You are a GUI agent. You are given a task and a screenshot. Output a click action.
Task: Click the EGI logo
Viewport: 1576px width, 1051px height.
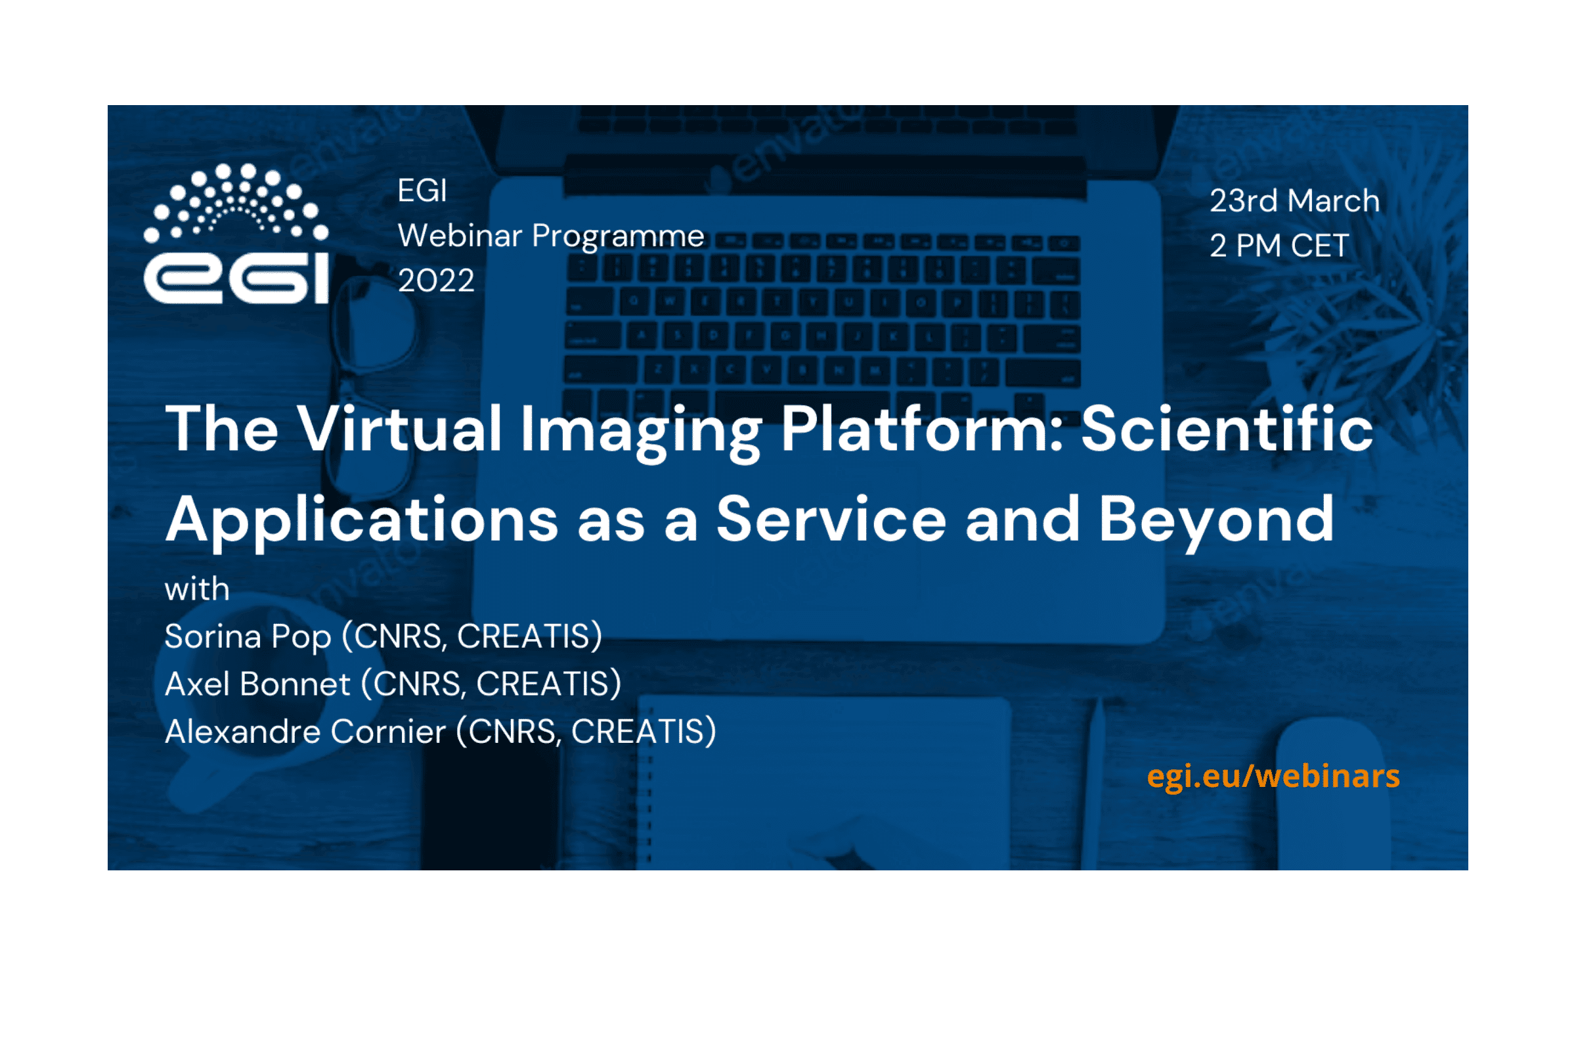coord(236,233)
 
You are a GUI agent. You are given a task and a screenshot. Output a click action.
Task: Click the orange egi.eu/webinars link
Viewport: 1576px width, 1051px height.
coord(1273,777)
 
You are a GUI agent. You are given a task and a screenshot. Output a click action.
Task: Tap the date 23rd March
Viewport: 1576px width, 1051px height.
coord(1294,200)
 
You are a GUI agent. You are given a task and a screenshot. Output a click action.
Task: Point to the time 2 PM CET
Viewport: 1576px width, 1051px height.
coord(1279,245)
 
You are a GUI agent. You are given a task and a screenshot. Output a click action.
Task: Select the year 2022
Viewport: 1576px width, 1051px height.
coord(436,280)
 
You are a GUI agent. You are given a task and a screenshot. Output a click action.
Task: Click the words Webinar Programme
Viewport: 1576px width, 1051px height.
coord(551,236)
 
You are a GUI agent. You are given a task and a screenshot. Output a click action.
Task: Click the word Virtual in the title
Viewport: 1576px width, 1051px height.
coord(399,428)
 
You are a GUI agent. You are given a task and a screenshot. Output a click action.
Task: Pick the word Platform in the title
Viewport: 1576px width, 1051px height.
coord(922,428)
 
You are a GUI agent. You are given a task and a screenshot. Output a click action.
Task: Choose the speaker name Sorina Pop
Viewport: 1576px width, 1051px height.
coord(248,637)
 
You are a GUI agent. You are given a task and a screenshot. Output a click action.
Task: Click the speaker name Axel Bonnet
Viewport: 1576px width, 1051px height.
coord(257,684)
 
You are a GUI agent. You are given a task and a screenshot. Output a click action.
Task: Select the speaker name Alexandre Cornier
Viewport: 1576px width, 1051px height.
coord(305,732)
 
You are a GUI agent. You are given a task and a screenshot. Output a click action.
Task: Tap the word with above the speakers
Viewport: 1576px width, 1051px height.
coord(197,590)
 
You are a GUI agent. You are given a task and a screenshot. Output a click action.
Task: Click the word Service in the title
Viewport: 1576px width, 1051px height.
coord(831,520)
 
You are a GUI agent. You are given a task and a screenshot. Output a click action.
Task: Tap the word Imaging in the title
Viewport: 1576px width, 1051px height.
coord(641,432)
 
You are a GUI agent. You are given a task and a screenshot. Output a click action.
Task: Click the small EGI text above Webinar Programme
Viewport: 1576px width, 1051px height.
coord(422,191)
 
